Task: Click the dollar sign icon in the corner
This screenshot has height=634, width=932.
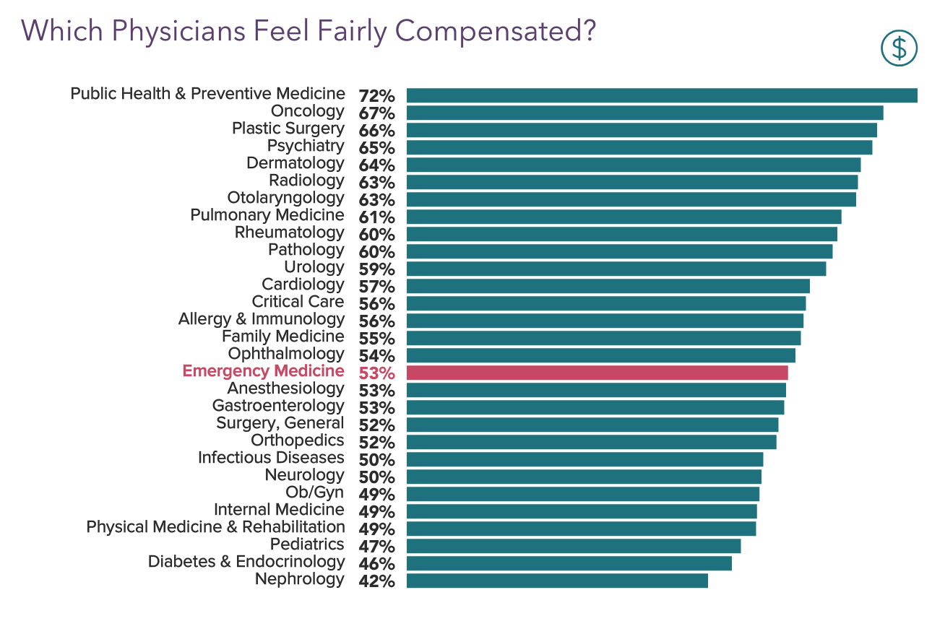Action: [899, 48]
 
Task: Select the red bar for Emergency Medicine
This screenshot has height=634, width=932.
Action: [597, 373]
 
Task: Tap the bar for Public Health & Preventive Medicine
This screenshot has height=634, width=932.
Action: [661, 95]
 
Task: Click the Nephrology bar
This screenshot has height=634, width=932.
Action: [556, 581]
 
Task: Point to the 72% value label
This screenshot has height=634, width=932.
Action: [376, 96]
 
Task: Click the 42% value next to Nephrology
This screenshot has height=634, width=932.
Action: [376, 581]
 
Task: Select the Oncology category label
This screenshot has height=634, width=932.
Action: [307, 111]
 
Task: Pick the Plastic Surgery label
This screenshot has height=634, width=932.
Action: [288, 129]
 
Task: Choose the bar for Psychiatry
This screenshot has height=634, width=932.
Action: [639, 147]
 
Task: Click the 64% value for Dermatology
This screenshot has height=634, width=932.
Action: [376, 165]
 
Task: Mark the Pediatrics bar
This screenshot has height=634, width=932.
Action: [573, 546]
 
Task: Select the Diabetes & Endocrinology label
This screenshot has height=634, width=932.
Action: [246, 562]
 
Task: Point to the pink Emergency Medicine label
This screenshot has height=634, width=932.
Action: [263, 371]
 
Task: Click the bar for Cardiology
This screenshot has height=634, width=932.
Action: [608, 286]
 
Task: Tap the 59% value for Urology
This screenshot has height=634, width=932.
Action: [376, 269]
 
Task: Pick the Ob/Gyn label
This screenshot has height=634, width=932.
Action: [315, 492]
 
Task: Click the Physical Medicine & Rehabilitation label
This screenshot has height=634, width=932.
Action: [215, 527]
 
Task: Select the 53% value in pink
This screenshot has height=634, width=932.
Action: [376, 373]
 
